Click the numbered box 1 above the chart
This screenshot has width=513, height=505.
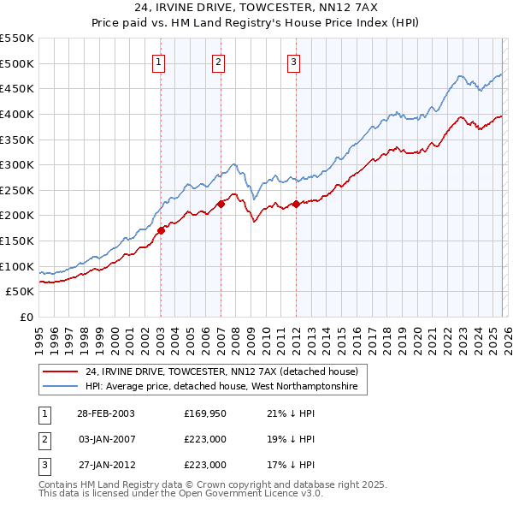pos(160,61)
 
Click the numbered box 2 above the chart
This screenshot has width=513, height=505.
pos(219,61)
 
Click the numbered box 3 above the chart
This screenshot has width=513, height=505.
pos(293,61)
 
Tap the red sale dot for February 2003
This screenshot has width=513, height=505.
pos(161,230)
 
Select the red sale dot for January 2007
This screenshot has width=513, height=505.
pos(220,204)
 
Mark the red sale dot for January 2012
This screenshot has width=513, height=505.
pos(296,204)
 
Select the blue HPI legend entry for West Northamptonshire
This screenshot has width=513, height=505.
pos(226,388)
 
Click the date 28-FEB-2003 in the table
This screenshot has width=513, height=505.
pos(106,413)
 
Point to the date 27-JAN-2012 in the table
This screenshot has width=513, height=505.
pos(106,465)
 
